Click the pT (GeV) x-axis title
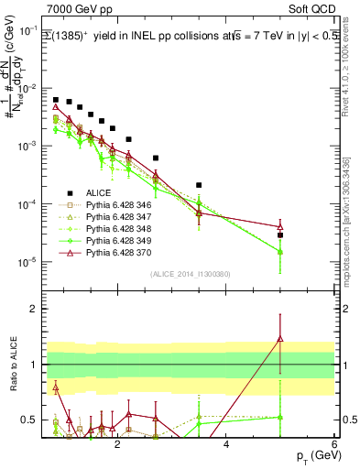click(x=313, y=454)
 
